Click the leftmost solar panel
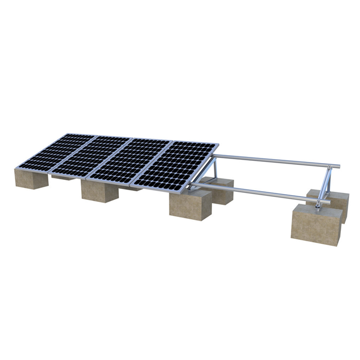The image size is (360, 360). point(56,152)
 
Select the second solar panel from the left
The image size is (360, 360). point(96,157)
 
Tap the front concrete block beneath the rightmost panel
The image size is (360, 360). point(190,206)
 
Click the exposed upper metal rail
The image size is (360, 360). point(276,160)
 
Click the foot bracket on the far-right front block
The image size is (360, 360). point(318,208)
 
